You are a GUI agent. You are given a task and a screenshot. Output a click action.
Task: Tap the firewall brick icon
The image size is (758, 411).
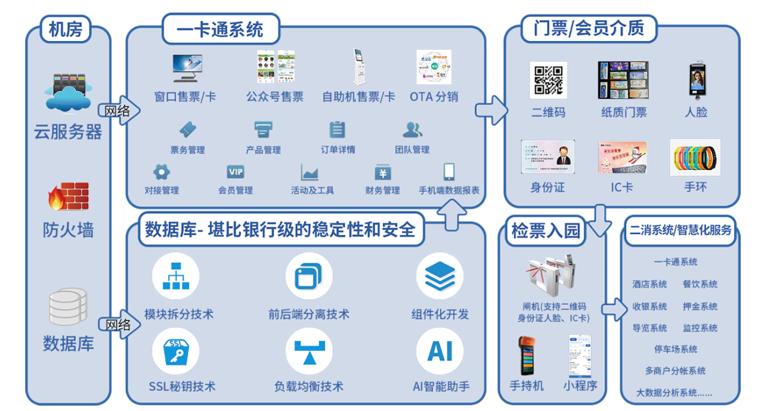click(x=68, y=197)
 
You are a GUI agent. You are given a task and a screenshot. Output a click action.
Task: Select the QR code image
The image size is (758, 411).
click(x=548, y=80)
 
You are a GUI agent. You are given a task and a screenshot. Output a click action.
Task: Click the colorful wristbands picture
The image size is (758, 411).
click(x=695, y=157)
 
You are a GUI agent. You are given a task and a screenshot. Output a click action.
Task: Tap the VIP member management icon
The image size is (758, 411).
click(x=236, y=172)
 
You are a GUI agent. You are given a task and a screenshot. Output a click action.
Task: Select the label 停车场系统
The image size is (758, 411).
click(x=675, y=349)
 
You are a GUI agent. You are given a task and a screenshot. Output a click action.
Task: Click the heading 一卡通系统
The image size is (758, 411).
click(x=220, y=29)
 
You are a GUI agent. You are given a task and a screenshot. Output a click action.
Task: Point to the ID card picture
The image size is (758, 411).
click(x=547, y=157)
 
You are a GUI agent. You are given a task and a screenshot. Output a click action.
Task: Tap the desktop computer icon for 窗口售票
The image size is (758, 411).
click(x=187, y=68)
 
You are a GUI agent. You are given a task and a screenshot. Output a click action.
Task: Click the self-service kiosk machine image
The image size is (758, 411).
click(x=359, y=67)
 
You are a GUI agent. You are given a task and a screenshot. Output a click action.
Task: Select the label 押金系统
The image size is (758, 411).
click(x=700, y=306)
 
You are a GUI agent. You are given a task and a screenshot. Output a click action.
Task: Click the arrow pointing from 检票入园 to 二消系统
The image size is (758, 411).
click(x=612, y=309)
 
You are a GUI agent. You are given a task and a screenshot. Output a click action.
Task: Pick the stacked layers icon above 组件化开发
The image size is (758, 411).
click(x=440, y=275)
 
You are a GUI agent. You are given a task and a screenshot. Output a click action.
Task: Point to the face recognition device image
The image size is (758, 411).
click(x=696, y=80)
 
